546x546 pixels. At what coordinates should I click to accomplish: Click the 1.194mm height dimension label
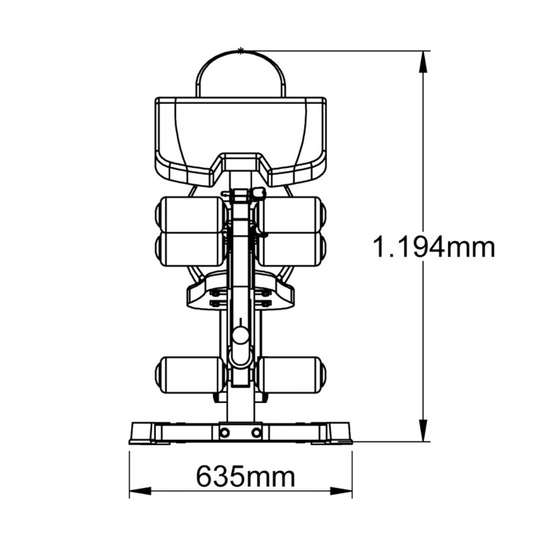[x=434, y=246]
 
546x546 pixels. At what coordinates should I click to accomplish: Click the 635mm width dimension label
[x=246, y=476]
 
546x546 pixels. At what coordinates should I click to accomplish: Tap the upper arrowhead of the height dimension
[x=423, y=62]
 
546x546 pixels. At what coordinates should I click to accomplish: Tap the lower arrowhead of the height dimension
[x=423, y=431]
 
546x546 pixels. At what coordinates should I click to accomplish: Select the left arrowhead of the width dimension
[x=140, y=491]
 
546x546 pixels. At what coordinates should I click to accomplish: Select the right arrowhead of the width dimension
[x=341, y=491]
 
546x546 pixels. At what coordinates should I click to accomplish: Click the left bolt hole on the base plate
[x=225, y=433]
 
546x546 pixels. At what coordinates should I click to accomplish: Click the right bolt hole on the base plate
[x=256, y=433]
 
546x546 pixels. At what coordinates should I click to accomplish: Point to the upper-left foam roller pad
[x=190, y=215]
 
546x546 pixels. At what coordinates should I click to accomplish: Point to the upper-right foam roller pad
[x=291, y=215]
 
